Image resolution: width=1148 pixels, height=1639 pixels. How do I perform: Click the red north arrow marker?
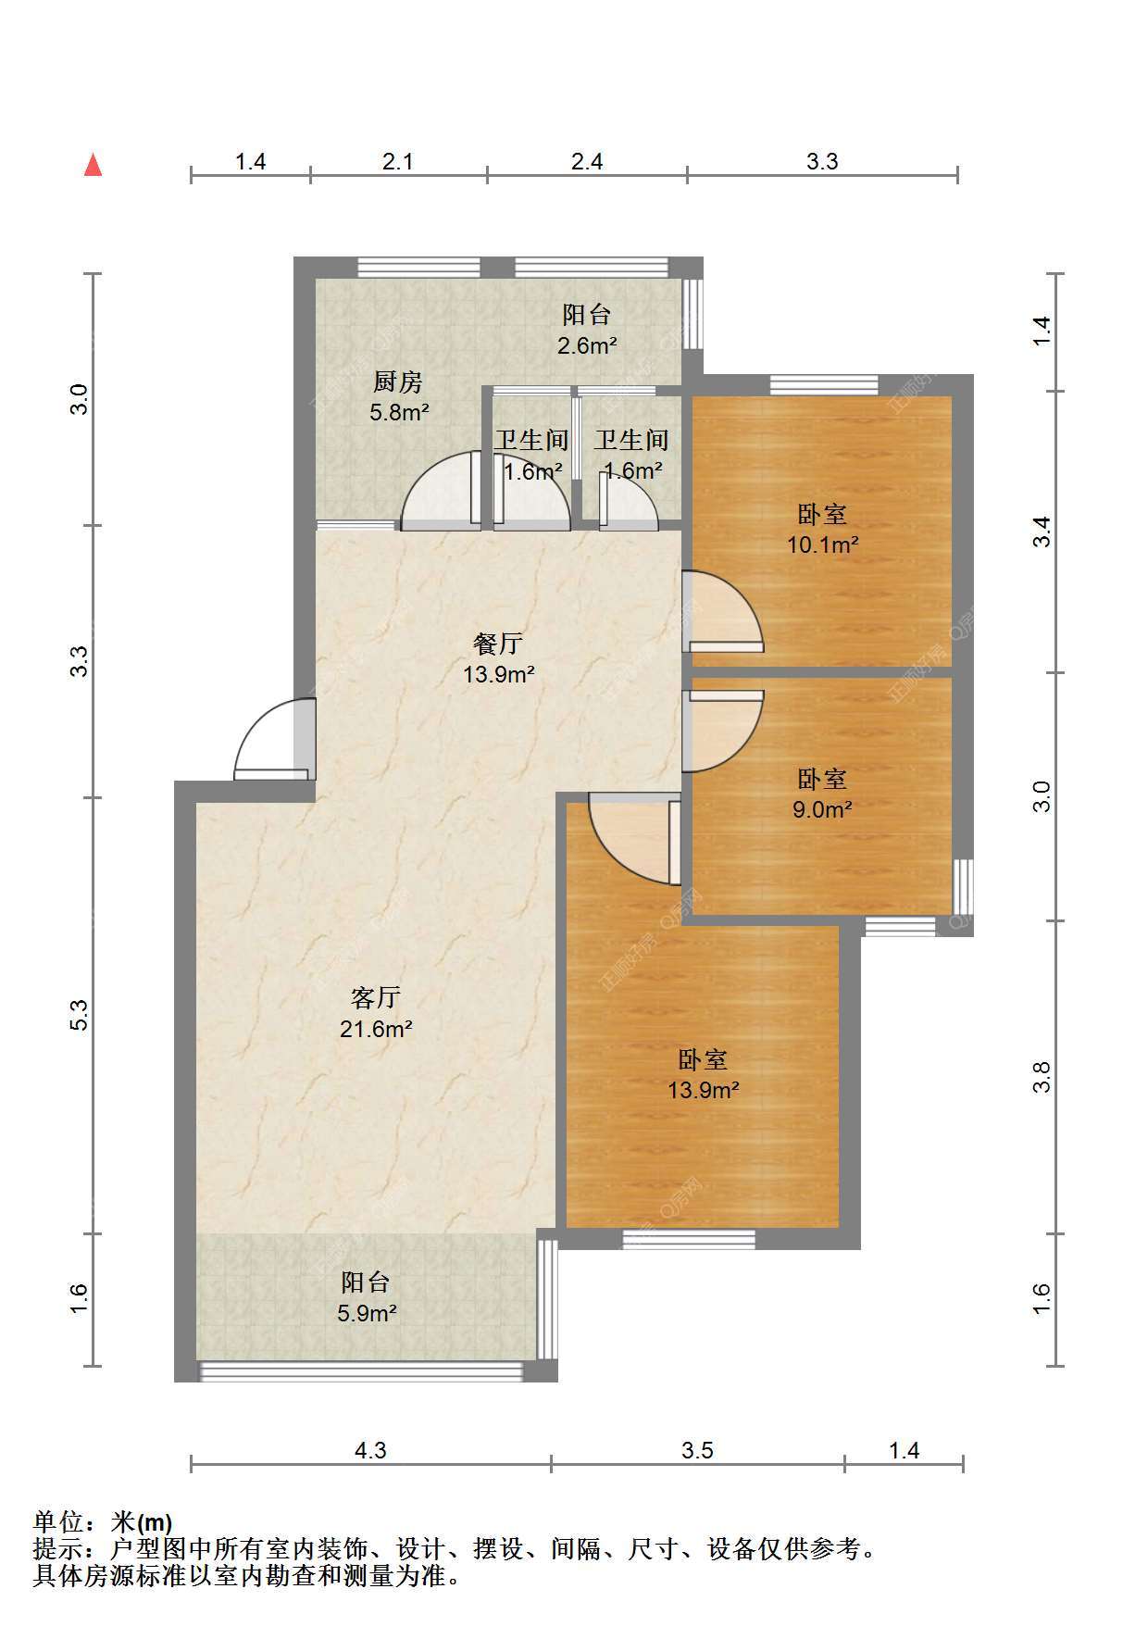(93, 165)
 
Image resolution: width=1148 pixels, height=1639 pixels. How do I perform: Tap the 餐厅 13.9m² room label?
(499, 658)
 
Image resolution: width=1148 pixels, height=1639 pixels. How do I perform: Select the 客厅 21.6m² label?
(376, 1012)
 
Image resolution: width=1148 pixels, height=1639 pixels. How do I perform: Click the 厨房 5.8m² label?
(399, 396)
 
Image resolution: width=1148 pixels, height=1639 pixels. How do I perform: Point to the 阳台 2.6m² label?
(587, 330)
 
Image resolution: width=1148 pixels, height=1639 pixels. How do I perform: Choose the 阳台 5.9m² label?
(367, 1297)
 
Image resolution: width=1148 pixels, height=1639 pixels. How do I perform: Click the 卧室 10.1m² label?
(822, 529)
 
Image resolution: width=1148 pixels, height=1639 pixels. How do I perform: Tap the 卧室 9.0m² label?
(822, 794)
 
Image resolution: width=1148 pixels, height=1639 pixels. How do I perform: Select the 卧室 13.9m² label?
(704, 1074)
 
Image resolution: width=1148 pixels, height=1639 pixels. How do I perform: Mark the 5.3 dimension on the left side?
(81, 1015)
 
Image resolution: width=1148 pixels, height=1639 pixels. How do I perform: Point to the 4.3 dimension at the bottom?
(370, 1450)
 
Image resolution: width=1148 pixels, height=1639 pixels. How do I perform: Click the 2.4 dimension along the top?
(587, 162)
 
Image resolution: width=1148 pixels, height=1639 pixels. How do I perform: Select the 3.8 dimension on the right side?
(1042, 1077)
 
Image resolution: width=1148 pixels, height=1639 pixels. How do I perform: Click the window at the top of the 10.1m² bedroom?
(824, 384)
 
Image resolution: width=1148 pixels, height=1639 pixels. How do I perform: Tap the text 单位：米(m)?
(103, 1521)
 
